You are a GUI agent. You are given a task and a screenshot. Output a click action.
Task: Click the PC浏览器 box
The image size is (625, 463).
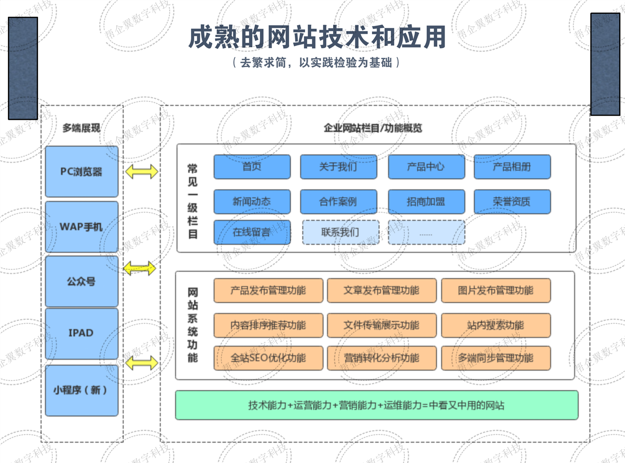[x=81, y=172]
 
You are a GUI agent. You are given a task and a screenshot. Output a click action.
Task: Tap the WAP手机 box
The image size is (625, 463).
[x=81, y=226]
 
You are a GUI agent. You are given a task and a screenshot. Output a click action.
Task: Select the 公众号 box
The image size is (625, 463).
[x=81, y=281]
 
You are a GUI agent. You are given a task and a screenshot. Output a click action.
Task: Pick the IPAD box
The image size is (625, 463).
[x=81, y=333]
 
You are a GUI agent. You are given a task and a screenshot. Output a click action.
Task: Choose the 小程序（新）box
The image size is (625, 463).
[x=81, y=390]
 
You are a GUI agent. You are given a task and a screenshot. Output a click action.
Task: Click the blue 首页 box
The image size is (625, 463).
[x=252, y=167]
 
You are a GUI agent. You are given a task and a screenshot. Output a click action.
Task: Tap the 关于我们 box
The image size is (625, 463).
[x=338, y=167]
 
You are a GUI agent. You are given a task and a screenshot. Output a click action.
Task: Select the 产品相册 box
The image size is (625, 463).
[x=512, y=167]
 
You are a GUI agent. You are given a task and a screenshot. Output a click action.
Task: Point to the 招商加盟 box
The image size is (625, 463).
[x=426, y=201]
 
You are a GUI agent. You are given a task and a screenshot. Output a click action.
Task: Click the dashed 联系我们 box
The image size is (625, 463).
[x=340, y=232]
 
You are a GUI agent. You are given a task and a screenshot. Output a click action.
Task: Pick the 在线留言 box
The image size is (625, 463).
[x=252, y=232]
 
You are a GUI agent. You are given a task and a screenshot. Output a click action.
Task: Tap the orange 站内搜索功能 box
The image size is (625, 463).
[x=495, y=325]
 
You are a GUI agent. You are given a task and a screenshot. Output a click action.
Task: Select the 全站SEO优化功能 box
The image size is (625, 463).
[x=268, y=358]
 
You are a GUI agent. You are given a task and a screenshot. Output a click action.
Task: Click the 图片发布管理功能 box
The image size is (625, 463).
[x=495, y=290]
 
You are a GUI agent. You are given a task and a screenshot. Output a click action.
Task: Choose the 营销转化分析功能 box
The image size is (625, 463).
[x=382, y=358]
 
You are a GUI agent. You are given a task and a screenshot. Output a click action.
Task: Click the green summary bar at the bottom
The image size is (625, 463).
[x=376, y=405]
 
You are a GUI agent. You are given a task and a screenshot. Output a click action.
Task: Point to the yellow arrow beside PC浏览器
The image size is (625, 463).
[x=142, y=171]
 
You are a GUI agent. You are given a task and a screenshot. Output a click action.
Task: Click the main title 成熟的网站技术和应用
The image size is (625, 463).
[x=317, y=37]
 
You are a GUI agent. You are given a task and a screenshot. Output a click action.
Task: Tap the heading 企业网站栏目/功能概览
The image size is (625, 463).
[x=373, y=128]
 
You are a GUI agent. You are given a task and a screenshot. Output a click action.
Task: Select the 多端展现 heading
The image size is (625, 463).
[x=81, y=128]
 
